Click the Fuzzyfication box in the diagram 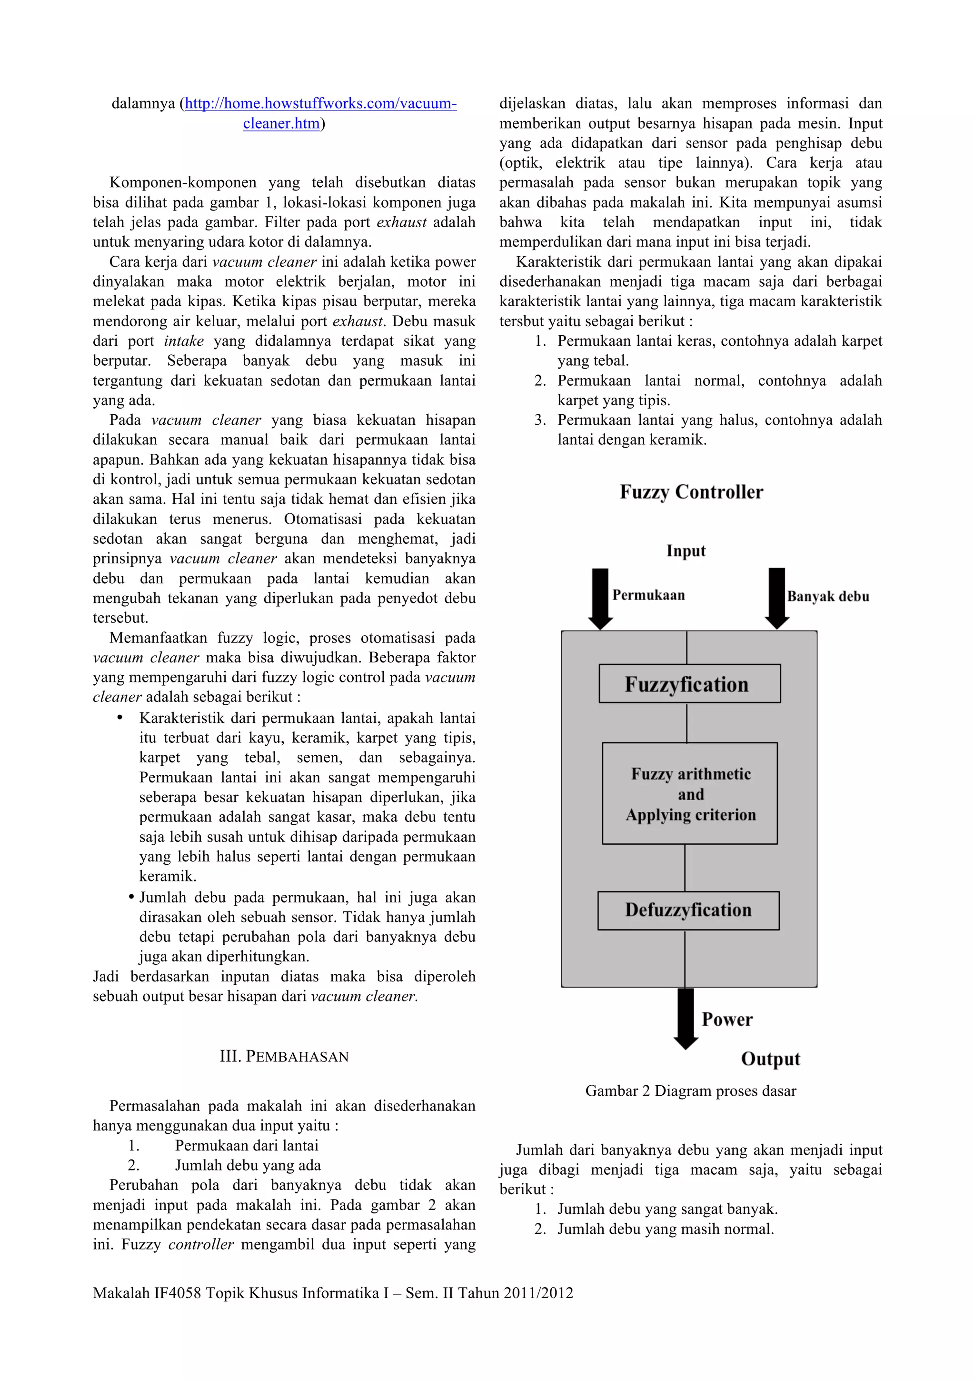pos(689,683)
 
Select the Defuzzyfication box pos(688,910)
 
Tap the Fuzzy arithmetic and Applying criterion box pos(690,793)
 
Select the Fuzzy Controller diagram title pos(691,491)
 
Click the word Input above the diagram pos(686,550)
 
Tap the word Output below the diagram pos(770,1059)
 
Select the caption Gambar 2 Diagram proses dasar pos(690,1091)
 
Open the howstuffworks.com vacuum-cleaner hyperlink pos(320,103)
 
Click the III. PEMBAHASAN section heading pos(284,1057)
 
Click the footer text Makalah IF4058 pos(332,1293)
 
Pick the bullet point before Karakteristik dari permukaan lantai pos(120,718)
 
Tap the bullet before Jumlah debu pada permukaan pos(131,897)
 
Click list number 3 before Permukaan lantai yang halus pos(539,420)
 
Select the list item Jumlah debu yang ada pos(248,1165)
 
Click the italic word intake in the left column pos(183,341)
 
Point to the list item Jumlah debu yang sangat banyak pos(667,1209)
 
